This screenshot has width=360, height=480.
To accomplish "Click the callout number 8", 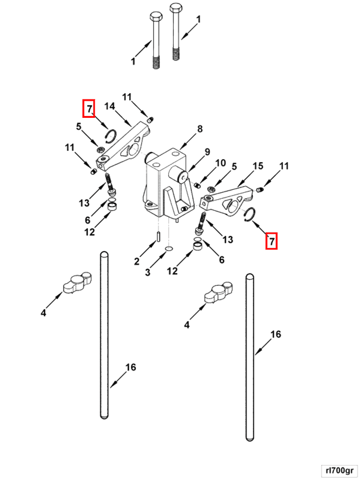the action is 200,129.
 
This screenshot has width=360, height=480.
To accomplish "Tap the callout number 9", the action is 207,151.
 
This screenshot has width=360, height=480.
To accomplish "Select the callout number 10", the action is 220,163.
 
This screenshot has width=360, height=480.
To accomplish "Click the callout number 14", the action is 109,106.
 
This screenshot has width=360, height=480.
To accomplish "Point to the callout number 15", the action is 258,166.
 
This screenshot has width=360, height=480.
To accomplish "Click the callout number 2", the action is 136,261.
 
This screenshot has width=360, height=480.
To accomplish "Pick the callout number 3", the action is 148,272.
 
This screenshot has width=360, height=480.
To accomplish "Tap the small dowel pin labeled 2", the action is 158,237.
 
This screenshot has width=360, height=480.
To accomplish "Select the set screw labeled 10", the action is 198,185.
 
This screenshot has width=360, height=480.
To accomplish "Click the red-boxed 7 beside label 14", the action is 89,108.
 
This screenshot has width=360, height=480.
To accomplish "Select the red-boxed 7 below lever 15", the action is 271,241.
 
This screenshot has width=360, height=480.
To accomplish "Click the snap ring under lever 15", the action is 250,214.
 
